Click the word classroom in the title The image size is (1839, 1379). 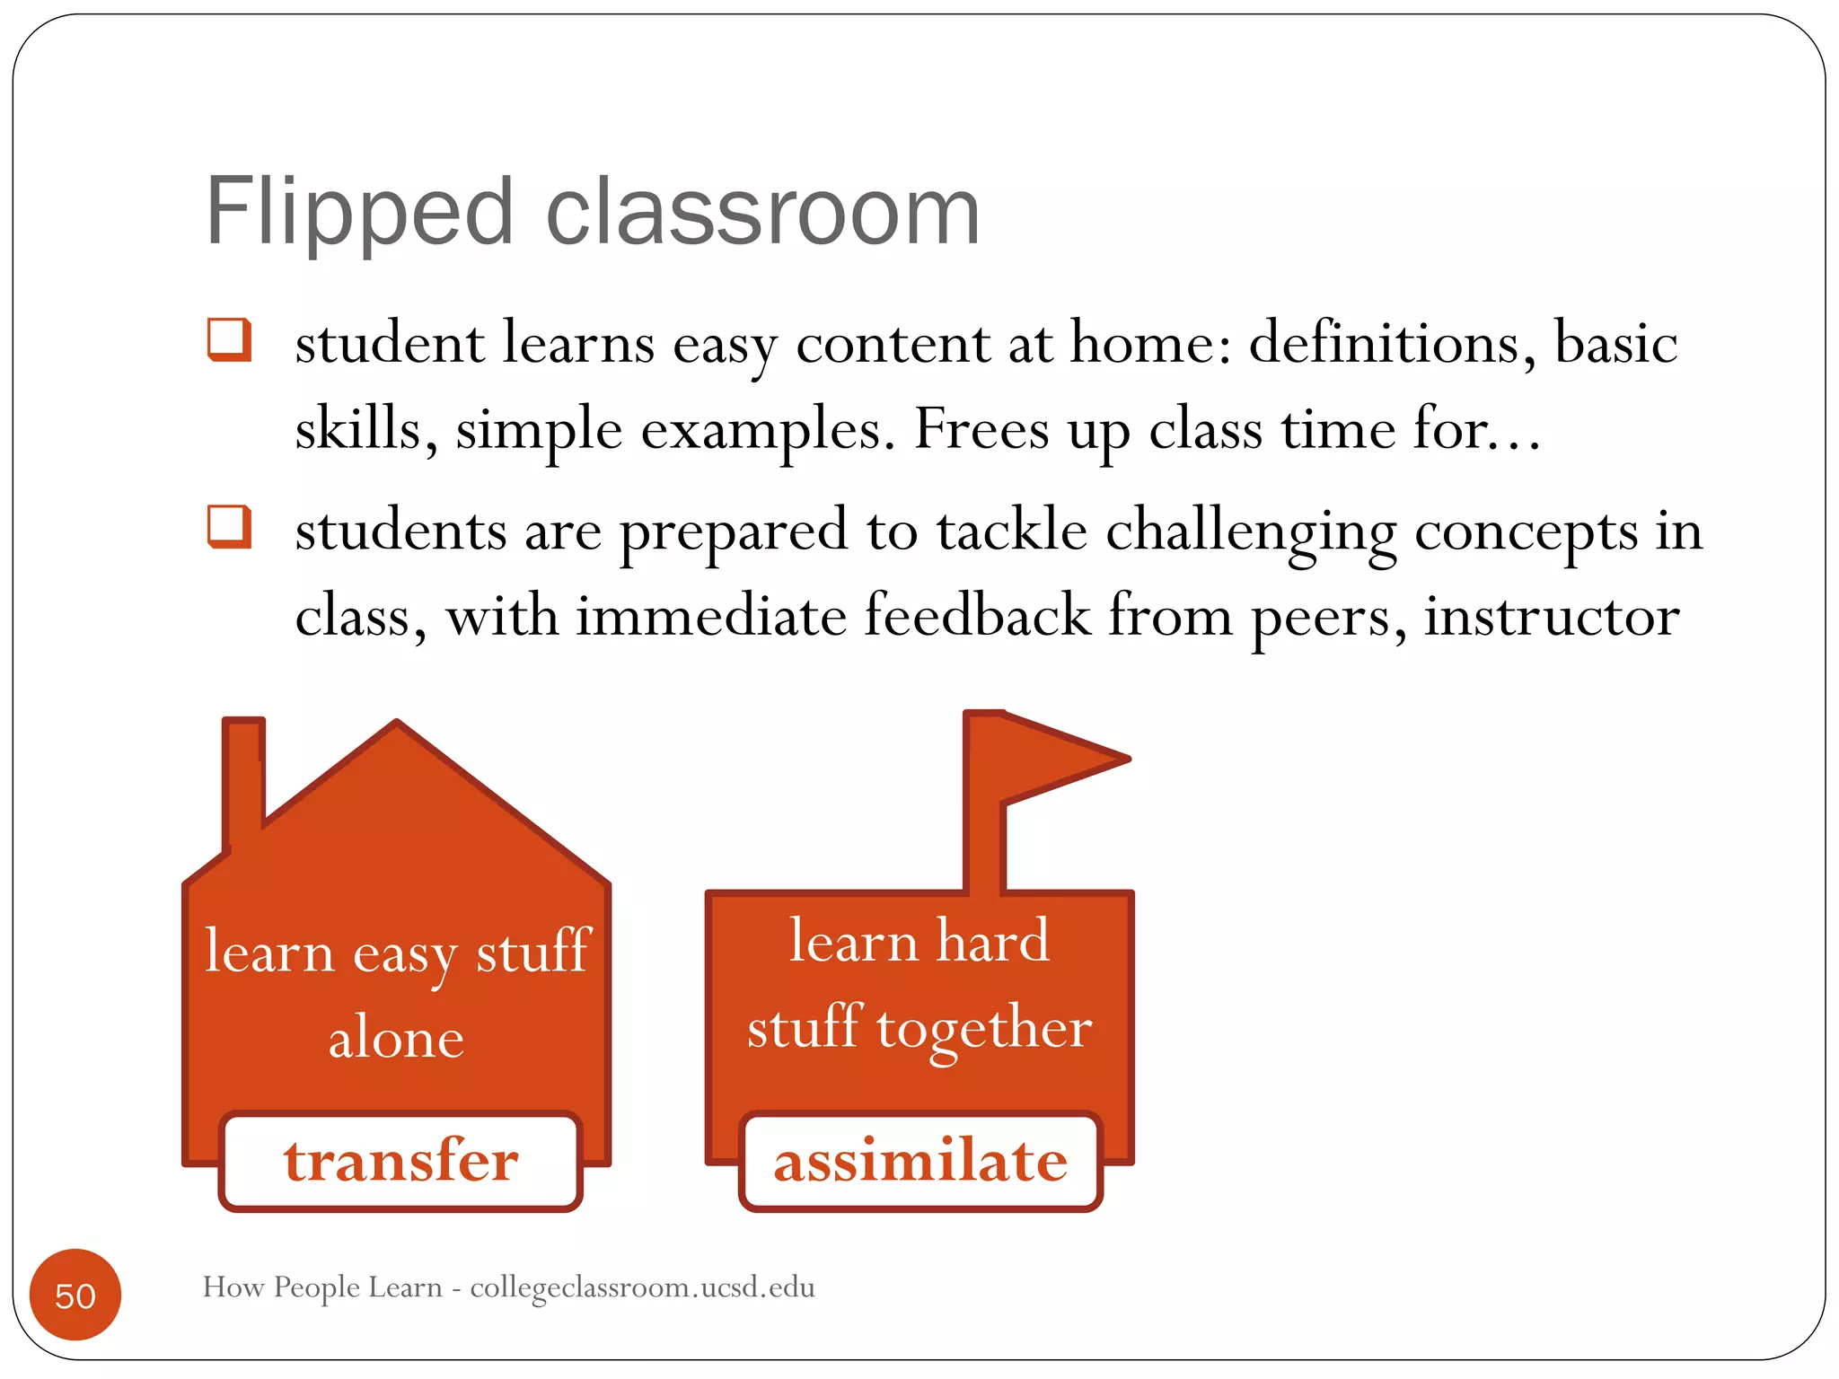pyautogui.click(x=762, y=214)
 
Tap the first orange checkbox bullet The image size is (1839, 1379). pyautogui.click(x=228, y=339)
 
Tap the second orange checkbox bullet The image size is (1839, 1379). pyautogui.click(x=228, y=526)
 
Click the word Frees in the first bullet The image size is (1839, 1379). pyautogui.click(x=981, y=429)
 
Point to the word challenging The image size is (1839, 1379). pyautogui.click(x=1250, y=531)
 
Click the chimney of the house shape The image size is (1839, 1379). pyautogui.click(x=243, y=781)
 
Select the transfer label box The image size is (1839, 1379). pyautogui.click(x=400, y=1161)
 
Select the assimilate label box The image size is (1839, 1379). pyautogui.click(x=920, y=1161)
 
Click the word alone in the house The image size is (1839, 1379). pyautogui.click(x=396, y=1039)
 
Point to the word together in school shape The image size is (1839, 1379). pyautogui.click(x=984, y=1029)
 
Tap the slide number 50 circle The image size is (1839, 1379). pyautogui.click(x=75, y=1295)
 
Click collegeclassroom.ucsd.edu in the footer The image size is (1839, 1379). pyautogui.click(x=642, y=1287)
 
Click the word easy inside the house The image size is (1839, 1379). pyautogui.click(x=405, y=954)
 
